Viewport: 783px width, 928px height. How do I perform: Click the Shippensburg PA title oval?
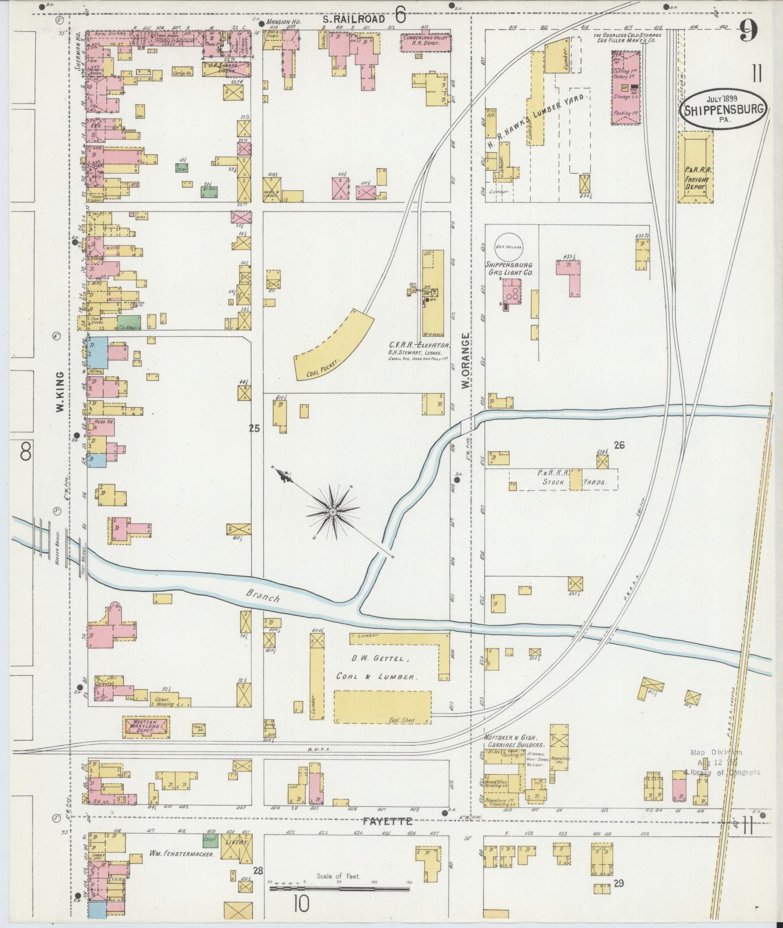(725, 109)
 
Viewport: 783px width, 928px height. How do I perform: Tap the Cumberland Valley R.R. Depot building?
(425, 42)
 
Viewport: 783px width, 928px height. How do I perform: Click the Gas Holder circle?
(508, 246)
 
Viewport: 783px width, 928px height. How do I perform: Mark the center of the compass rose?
(333, 512)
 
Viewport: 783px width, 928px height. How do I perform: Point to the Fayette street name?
(388, 822)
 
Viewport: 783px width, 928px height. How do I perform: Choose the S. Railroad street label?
(355, 19)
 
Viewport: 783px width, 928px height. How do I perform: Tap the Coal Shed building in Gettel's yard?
(383, 715)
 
